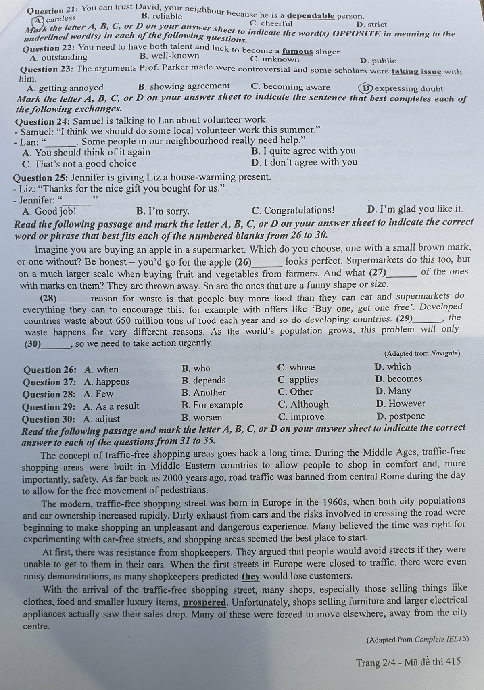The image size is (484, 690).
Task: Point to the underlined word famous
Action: [x=298, y=52]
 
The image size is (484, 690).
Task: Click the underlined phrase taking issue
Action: [x=417, y=72]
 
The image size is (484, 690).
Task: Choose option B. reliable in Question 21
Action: [x=162, y=16]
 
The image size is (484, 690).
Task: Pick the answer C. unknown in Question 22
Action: [x=275, y=59]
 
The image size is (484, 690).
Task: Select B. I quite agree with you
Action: [x=303, y=151]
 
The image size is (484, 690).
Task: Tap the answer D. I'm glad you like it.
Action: [x=415, y=209]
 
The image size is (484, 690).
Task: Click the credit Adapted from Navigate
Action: [x=422, y=353]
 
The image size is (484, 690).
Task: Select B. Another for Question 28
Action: [x=204, y=392]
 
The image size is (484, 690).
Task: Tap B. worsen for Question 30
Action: [x=202, y=417]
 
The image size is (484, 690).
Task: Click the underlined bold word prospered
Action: [x=204, y=602]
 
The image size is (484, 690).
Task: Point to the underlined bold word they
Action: [x=250, y=576]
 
